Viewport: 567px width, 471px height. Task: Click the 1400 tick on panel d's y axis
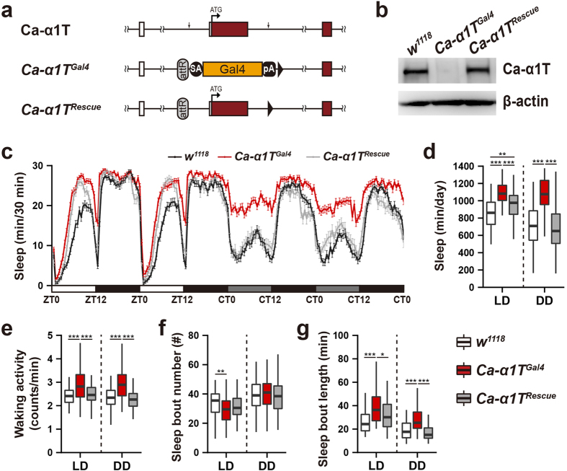pos(453,167)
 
